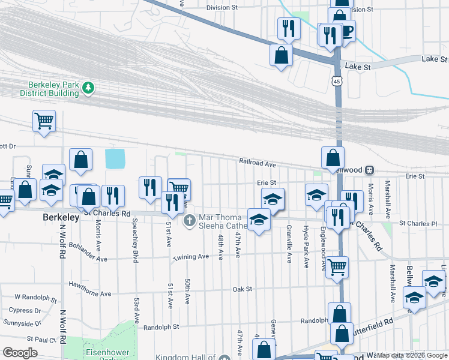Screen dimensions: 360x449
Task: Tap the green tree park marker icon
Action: (88, 89)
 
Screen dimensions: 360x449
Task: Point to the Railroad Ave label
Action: (257, 163)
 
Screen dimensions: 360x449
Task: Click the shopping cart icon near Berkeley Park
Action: (44, 121)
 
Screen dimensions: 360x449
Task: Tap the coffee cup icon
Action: (347, 30)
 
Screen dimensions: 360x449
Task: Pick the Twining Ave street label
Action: (191, 257)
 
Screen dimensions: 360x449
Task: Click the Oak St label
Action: (242, 289)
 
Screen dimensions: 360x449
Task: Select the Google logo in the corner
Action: (20, 353)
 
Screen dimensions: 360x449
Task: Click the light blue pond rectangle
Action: (114, 159)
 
